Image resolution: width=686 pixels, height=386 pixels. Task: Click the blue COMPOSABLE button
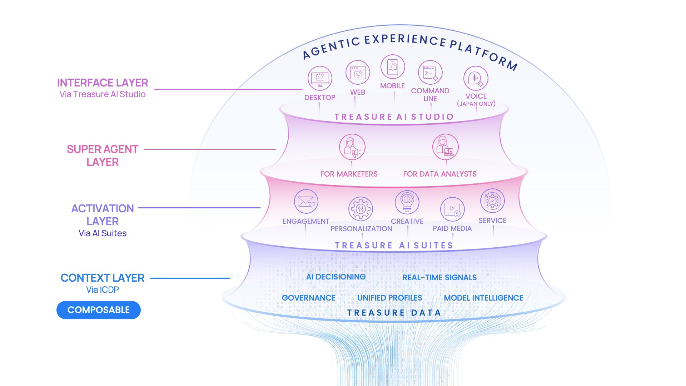click(x=98, y=310)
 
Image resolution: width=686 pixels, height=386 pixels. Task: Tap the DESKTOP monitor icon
click(x=320, y=78)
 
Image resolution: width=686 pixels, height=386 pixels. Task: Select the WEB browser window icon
click(x=357, y=73)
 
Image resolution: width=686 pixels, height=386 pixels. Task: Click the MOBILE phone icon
click(x=392, y=67)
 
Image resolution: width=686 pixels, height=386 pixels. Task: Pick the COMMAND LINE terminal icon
click(x=430, y=73)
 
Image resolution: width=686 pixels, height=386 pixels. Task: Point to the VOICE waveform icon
click(x=476, y=78)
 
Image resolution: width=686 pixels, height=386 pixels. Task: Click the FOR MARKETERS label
click(x=349, y=174)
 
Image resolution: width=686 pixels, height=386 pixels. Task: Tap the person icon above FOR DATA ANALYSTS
click(x=445, y=147)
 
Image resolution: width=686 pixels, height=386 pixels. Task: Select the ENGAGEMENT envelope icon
click(x=306, y=202)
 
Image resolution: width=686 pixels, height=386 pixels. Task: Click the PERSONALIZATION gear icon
click(x=361, y=209)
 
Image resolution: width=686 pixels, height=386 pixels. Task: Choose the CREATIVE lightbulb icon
click(x=407, y=202)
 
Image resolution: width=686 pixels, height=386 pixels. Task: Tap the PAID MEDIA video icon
click(x=452, y=209)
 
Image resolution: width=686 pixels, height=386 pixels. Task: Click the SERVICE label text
click(x=492, y=221)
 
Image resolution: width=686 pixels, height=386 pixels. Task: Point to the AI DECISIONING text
click(x=335, y=277)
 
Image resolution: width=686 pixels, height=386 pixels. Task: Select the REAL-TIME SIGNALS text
click(x=439, y=278)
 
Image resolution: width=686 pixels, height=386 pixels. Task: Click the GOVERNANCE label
click(x=308, y=298)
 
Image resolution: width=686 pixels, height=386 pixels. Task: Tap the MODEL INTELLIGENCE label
click(x=483, y=298)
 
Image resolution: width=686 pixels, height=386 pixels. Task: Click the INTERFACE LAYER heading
click(x=103, y=83)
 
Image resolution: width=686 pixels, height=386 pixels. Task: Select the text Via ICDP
click(x=103, y=290)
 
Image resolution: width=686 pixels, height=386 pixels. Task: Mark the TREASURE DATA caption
click(x=394, y=313)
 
